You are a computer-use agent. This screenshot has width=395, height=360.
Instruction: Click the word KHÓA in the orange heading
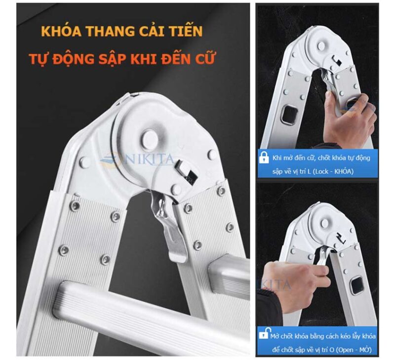(62, 31)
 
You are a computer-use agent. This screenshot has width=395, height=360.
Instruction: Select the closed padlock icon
(264, 159)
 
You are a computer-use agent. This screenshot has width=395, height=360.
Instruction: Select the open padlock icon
(264, 336)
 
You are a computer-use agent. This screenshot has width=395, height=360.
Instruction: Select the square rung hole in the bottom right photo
(357, 285)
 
